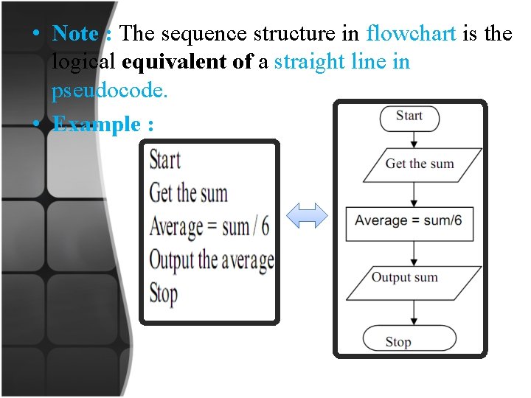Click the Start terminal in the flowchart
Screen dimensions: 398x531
click(409, 116)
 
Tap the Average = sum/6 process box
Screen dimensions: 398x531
click(409, 221)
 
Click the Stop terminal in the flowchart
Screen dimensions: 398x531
click(399, 341)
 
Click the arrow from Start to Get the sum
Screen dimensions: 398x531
click(414, 139)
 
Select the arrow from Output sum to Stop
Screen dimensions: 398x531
click(414, 313)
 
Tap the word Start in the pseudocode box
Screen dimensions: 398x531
click(164, 160)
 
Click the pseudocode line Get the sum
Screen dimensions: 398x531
click(188, 193)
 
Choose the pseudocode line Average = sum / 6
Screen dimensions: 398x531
click(209, 226)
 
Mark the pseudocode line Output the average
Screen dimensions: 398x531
click(211, 259)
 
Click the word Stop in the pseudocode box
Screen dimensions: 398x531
click(164, 293)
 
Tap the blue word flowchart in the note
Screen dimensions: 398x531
click(412, 33)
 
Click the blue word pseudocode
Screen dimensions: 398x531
click(110, 91)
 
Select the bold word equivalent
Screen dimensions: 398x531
click(176, 63)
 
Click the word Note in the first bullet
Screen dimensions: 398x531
click(75, 33)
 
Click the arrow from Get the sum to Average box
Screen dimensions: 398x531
click(414, 194)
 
